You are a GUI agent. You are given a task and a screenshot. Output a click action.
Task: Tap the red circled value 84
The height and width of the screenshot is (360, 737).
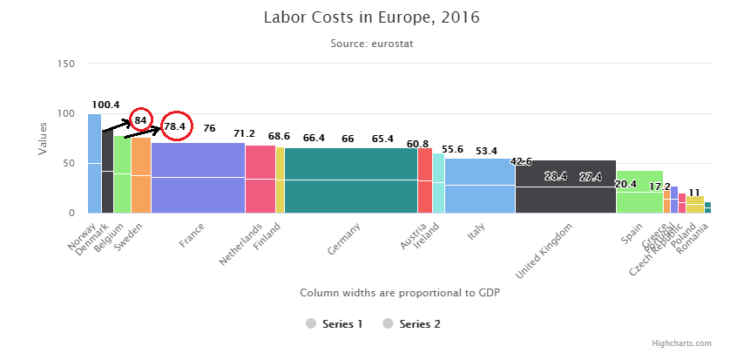141,119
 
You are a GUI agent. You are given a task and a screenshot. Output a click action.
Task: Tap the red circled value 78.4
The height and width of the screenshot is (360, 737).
174,127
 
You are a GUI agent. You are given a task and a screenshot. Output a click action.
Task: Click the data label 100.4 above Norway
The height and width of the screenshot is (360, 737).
105,105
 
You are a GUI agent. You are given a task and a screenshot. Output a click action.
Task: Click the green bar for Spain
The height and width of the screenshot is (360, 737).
639,192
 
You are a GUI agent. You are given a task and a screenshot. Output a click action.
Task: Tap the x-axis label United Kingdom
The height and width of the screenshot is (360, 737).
547,252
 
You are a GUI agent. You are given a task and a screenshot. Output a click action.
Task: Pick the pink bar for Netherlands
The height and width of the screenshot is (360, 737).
260,179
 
